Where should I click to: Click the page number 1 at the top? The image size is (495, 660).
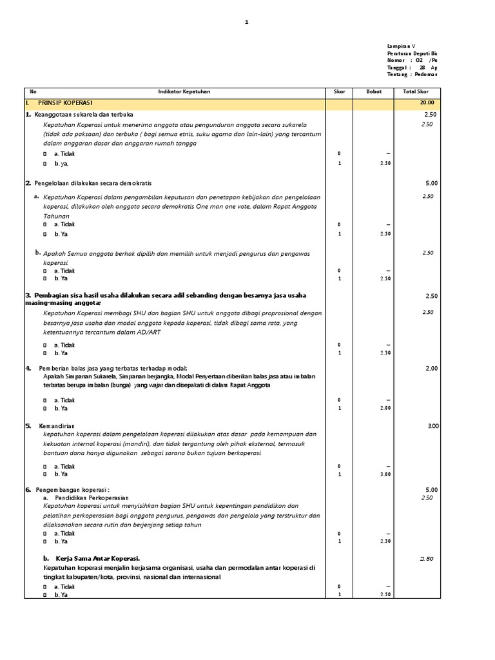[246, 22]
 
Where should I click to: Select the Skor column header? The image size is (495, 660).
[339, 92]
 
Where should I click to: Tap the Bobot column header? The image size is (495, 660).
[374, 92]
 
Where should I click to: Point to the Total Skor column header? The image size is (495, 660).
[416, 92]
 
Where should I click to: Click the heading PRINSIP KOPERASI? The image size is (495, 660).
[65, 103]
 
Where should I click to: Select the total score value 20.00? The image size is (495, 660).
[426, 103]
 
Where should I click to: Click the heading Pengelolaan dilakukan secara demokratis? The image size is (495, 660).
[93, 184]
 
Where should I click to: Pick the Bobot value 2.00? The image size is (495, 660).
[384, 408]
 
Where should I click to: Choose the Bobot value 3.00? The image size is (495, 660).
[384, 474]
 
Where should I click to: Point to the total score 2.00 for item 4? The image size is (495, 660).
[431, 368]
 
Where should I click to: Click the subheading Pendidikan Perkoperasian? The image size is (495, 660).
[92, 498]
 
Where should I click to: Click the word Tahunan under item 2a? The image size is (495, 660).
[57, 217]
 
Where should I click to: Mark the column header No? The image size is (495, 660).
[34, 92]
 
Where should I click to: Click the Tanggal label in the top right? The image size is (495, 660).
[398, 68]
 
